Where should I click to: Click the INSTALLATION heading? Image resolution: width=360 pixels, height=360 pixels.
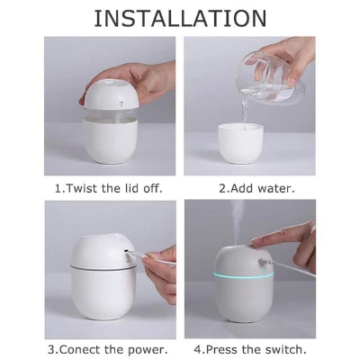[180, 17]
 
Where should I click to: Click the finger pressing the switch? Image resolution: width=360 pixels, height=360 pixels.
[270, 238]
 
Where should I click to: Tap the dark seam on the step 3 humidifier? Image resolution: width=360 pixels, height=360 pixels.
[90, 267]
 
